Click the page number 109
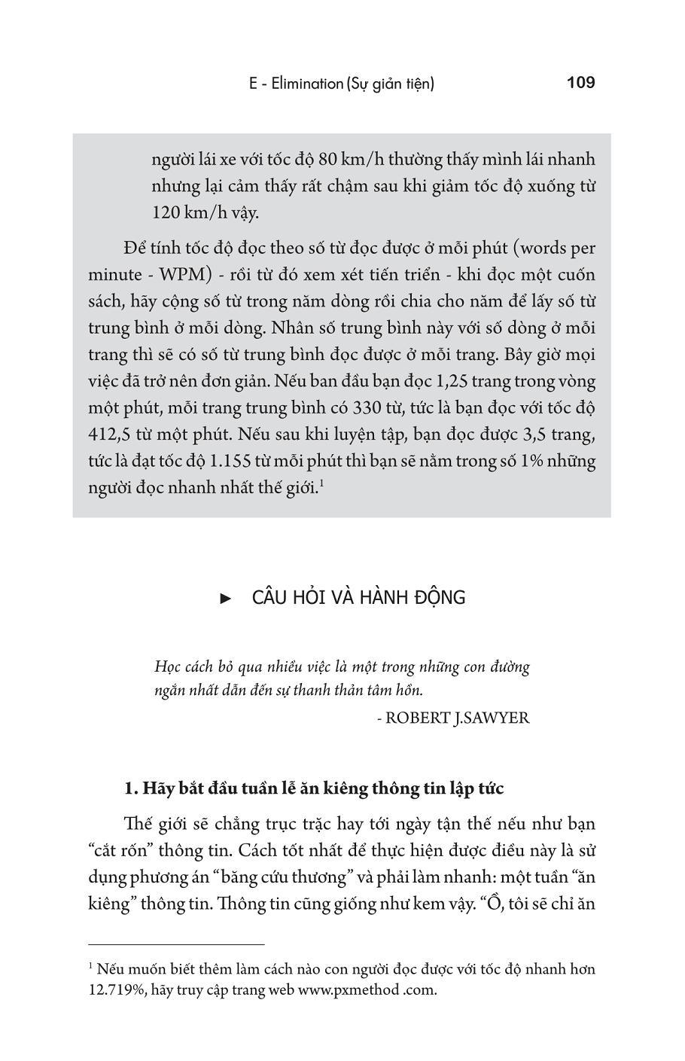pyautogui.click(x=580, y=82)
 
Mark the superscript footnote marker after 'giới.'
pyautogui.click(x=321, y=483)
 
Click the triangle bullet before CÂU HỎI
pyautogui.click(x=224, y=599)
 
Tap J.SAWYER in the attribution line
pyautogui.click(x=492, y=718)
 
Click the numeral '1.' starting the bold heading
pyautogui.click(x=132, y=788)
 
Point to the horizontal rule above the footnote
pyautogui.click(x=176, y=944)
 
